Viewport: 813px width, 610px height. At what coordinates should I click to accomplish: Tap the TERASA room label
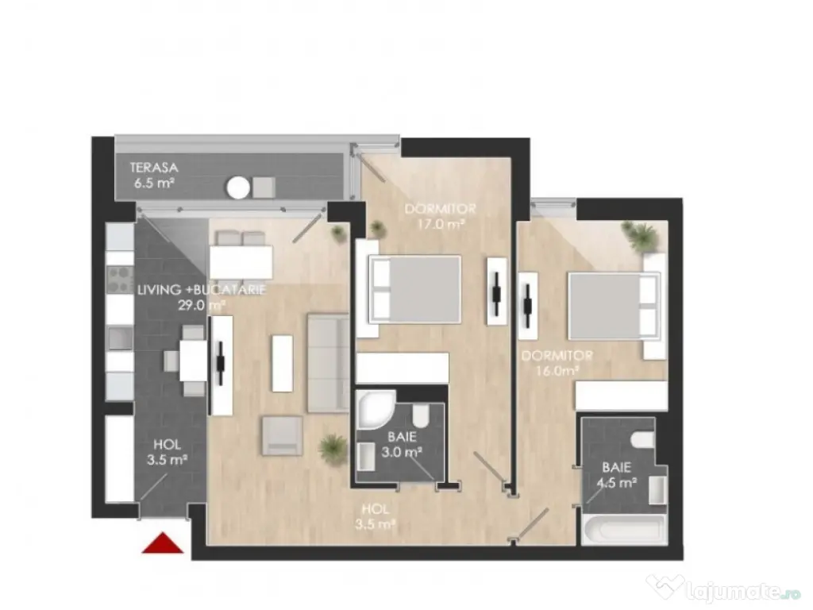pyautogui.click(x=155, y=168)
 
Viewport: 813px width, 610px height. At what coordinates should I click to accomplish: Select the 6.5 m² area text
pyautogui.click(x=154, y=183)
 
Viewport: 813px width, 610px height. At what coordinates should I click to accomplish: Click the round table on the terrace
pyautogui.click(x=238, y=187)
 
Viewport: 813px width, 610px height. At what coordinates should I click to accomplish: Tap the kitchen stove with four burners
pyautogui.click(x=119, y=278)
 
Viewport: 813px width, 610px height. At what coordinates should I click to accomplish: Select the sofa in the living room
pyautogui.click(x=327, y=363)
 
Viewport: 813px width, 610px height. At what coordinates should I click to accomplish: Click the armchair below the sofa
pyautogui.click(x=282, y=436)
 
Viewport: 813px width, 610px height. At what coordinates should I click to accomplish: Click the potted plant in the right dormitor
pyautogui.click(x=641, y=235)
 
